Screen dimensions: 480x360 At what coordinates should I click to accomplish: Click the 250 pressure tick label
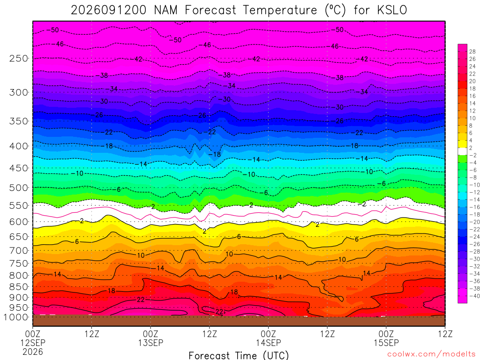click(x=18, y=58)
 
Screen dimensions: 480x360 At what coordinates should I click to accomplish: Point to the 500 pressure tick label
click(x=18, y=187)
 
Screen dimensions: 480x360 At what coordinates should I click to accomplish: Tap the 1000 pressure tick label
click(x=16, y=317)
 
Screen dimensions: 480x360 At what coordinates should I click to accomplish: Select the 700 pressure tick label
click(x=18, y=250)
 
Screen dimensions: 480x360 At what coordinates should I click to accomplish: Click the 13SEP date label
click(x=150, y=343)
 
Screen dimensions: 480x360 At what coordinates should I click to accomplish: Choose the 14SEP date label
click(x=269, y=343)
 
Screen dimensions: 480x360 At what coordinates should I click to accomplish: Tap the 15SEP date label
click(x=386, y=343)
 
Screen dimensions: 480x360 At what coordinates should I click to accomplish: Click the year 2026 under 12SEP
click(x=33, y=352)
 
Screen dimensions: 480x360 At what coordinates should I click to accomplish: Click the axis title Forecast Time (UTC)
click(x=239, y=355)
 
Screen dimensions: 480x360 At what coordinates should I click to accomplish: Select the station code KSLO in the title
click(x=392, y=10)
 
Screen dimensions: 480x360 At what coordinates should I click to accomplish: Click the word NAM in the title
click(x=165, y=10)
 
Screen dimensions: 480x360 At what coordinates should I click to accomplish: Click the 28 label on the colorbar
click(x=472, y=52)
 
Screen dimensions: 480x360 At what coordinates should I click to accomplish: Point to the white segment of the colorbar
click(x=462, y=151)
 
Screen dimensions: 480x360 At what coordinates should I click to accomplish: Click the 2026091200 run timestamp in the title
click(x=109, y=10)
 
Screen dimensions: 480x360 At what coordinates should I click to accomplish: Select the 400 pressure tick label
click(x=18, y=146)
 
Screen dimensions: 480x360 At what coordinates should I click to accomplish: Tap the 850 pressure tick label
click(x=18, y=287)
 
